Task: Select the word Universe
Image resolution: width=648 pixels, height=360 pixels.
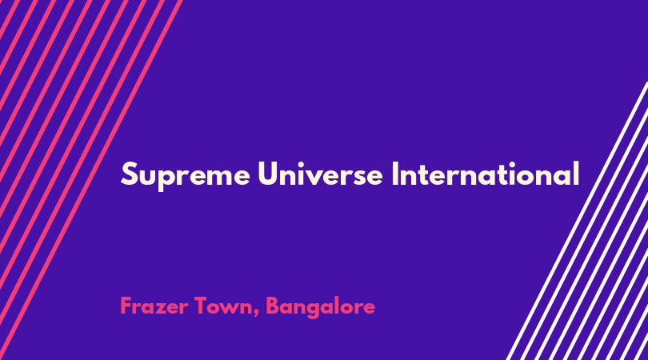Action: tap(320, 173)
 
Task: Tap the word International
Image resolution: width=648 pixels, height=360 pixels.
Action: tap(485, 173)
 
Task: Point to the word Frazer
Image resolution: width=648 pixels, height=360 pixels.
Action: tap(154, 306)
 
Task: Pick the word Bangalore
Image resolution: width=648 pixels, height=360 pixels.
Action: tap(320, 307)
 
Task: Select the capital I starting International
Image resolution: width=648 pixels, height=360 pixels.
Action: tap(394, 174)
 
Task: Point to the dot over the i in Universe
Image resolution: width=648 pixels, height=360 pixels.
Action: tap(306, 163)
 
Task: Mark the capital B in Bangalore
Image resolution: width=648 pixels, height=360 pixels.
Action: tap(272, 306)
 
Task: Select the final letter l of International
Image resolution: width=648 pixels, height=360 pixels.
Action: tap(576, 173)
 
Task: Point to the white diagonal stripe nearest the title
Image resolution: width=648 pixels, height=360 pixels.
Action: tap(578, 221)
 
